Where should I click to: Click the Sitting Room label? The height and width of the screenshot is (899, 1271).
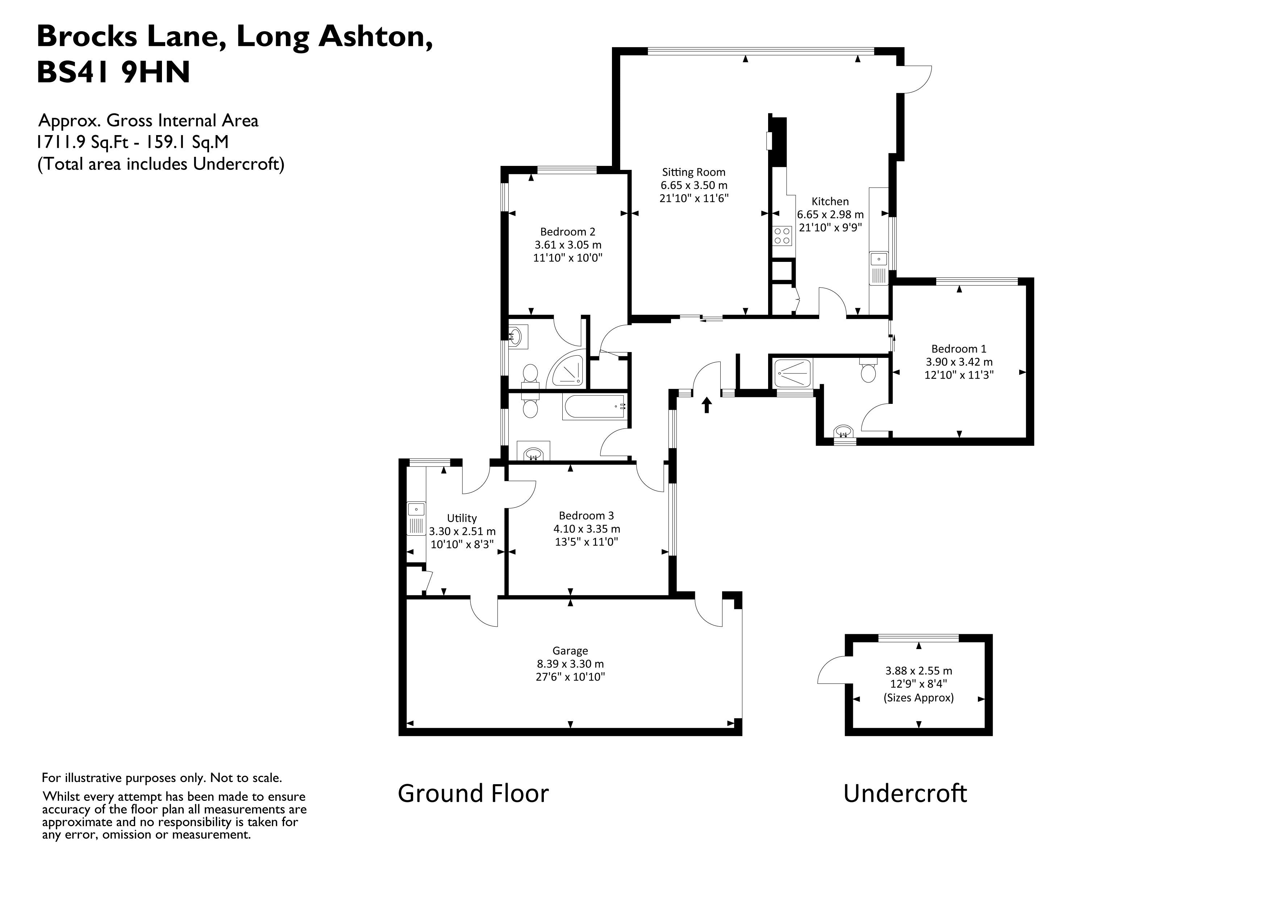point(693,172)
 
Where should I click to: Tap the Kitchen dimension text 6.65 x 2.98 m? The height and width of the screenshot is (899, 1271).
point(830,214)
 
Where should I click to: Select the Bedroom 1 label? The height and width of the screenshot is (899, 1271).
point(958,349)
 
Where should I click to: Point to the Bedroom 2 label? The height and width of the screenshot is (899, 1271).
point(567,232)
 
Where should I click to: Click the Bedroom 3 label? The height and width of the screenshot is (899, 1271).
point(586,515)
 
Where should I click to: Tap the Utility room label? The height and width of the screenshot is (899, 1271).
point(462,518)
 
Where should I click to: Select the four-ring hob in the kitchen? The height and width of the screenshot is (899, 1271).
point(782,236)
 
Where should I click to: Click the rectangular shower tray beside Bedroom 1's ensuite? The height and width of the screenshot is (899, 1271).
point(793,373)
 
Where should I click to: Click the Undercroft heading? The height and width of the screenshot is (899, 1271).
point(905,793)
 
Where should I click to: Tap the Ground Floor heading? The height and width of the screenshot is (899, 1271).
point(473,793)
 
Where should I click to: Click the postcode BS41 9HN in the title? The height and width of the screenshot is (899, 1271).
point(113,72)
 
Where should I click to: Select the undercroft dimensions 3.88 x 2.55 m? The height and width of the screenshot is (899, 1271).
point(918,670)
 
